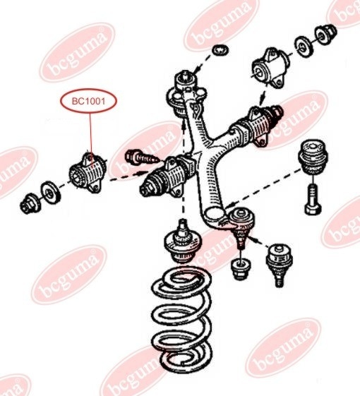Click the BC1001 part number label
(88, 101)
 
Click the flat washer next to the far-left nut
(50, 192)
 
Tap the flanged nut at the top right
(325, 34)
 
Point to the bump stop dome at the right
(313, 157)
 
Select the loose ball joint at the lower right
(278, 264)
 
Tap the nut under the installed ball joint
(241, 269)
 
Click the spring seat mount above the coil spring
(182, 242)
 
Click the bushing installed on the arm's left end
(167, 176)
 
